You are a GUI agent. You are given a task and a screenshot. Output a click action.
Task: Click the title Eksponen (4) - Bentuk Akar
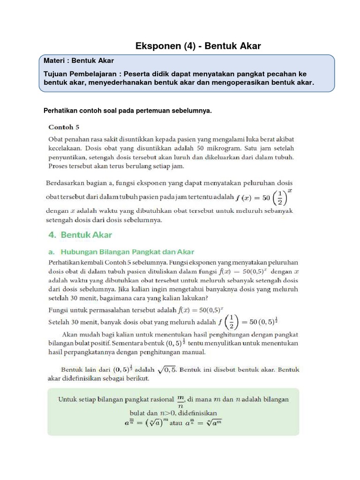[198, 46]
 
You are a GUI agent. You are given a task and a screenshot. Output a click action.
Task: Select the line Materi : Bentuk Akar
[79, 61]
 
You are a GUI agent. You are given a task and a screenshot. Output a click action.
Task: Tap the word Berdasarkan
[66, 182]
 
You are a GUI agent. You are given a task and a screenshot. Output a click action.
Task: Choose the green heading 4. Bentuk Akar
[80, 234]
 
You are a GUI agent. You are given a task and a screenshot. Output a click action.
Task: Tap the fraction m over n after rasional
[180, 400]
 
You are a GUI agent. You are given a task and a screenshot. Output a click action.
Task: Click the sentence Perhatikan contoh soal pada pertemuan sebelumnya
[127, 111]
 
